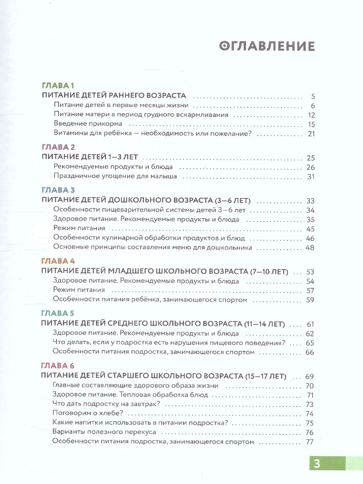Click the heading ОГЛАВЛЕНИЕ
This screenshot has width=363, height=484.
tap(267, 46)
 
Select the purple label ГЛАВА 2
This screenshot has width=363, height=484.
tap(58, 147)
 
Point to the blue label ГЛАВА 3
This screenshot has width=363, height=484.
tap(58, 190)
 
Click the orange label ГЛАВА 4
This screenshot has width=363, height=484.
tap(58, 261)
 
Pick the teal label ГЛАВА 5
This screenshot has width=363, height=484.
tap(58, 313)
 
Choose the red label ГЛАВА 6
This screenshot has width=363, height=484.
tap(58, 366)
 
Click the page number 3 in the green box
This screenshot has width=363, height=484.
tap(317, 464)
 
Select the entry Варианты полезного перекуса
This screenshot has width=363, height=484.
tap(104, 432)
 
